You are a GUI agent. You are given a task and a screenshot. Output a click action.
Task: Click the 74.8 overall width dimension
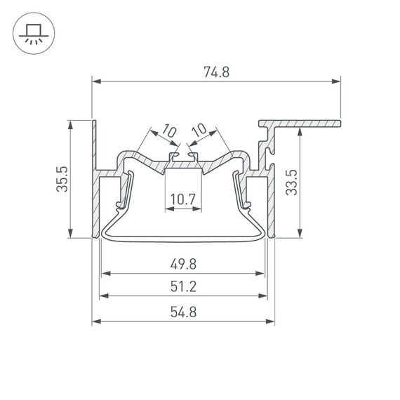pos(217,72)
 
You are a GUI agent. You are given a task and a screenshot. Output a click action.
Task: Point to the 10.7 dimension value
pos(182,200)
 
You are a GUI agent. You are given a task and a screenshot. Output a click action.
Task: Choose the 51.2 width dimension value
pos(182,286)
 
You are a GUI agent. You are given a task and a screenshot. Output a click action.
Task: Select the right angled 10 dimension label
pos(199,131)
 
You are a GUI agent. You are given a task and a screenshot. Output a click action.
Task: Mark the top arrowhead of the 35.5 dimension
pos(71,124)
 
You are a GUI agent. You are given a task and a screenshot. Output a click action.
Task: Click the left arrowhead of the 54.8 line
pos(97,322)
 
